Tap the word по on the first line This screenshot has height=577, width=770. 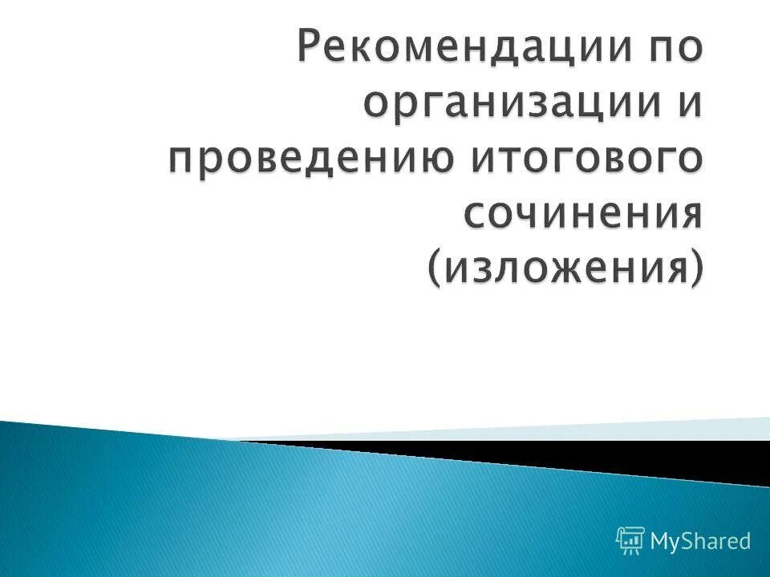coord(672,49)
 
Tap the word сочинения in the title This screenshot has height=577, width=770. coord(584,214)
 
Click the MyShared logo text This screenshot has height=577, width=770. coord(700,541)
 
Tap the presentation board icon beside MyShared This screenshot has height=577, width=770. coord(630,542)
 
